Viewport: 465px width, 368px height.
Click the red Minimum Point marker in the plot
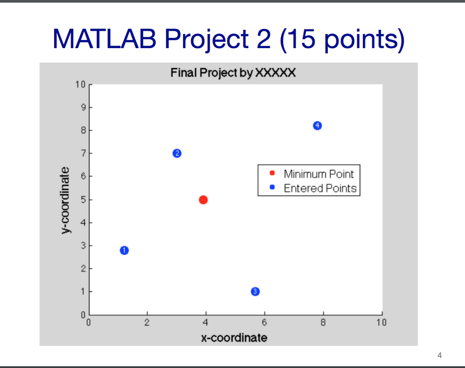[x=203, y=199]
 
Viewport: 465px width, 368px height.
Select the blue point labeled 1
[x=124, y=250]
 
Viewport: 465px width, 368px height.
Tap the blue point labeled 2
[x=177, y=153]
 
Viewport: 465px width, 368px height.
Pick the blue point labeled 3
[x=255, y=291]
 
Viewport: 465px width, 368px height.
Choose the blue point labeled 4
[x=317, y=125]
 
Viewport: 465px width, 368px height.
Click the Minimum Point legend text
[x=318, y=174]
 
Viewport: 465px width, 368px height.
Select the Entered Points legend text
[x=320, y=188]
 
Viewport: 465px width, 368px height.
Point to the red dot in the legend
[x=272, y=173]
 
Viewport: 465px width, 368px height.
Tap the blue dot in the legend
[x=272, y=187]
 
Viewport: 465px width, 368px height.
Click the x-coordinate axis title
[x=234, y=338]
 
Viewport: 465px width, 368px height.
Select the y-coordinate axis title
[x=66, y=200]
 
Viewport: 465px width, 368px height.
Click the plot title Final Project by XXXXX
[x=233, y=73]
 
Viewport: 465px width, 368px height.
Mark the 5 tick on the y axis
[x=83, y=199]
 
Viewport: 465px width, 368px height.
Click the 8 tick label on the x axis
[x=323, y=323]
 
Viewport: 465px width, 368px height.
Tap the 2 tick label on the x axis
[x=147, y=323]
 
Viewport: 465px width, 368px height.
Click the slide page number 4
[x=439, y=355]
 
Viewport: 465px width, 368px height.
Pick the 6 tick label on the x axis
[x=264, y=323]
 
